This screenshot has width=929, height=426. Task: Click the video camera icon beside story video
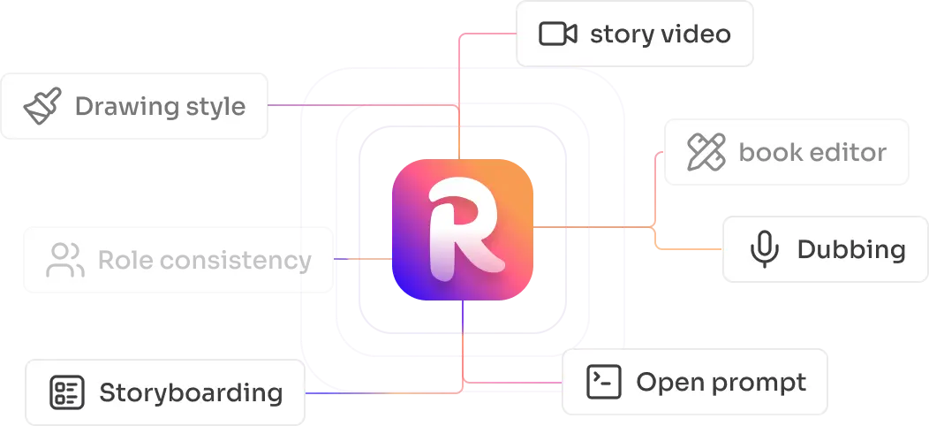point(557,34)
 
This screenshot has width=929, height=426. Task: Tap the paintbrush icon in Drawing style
point(42,106)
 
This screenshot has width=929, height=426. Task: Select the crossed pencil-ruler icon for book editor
point(706,152)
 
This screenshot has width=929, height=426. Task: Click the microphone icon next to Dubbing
point(763,249)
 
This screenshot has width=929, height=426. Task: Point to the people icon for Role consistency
point(64,261)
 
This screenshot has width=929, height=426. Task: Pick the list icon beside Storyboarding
point(67,392)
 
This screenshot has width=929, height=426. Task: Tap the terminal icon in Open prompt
point(605,383)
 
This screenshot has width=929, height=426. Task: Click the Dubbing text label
point(850,249)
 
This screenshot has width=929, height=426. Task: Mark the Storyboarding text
point(191,392)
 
